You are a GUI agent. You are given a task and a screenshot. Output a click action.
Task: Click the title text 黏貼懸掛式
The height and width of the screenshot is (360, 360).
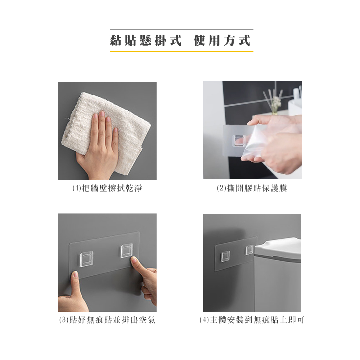(x=145, y=40)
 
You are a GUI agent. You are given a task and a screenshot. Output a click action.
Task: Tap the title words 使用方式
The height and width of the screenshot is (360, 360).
(x=222, y=40)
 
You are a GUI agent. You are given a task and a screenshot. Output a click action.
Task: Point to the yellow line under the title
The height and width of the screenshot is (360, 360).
(x=181, y=51)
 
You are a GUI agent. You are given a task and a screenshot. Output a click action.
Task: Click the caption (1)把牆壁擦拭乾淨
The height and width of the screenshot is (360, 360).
(x=107, y=188)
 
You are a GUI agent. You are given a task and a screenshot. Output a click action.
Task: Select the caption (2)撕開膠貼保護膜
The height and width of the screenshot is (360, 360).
(x=252, y=188)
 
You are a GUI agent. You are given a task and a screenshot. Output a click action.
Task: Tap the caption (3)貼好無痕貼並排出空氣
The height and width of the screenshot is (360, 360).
(x=107, y=320)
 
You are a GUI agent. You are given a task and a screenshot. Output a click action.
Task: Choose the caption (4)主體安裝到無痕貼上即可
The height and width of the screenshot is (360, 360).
(x=252, y=320)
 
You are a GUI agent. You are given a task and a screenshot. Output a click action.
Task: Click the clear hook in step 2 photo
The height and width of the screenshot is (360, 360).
(x=239, y=141)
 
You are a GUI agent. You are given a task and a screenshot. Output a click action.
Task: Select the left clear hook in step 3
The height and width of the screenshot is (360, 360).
(x=86, y=259)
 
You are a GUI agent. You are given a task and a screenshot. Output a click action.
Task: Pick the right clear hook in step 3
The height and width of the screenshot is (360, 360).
(x=126, y=251)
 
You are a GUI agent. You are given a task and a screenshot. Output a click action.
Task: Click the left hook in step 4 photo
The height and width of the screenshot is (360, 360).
(x=225, y=256)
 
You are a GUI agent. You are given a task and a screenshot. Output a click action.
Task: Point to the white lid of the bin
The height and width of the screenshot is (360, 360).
(x=278, y=250)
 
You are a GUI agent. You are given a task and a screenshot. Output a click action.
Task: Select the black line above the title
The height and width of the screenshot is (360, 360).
(x=181, y=29)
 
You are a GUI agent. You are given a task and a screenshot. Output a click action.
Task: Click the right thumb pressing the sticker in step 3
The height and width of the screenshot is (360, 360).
(x=138, y=266)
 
